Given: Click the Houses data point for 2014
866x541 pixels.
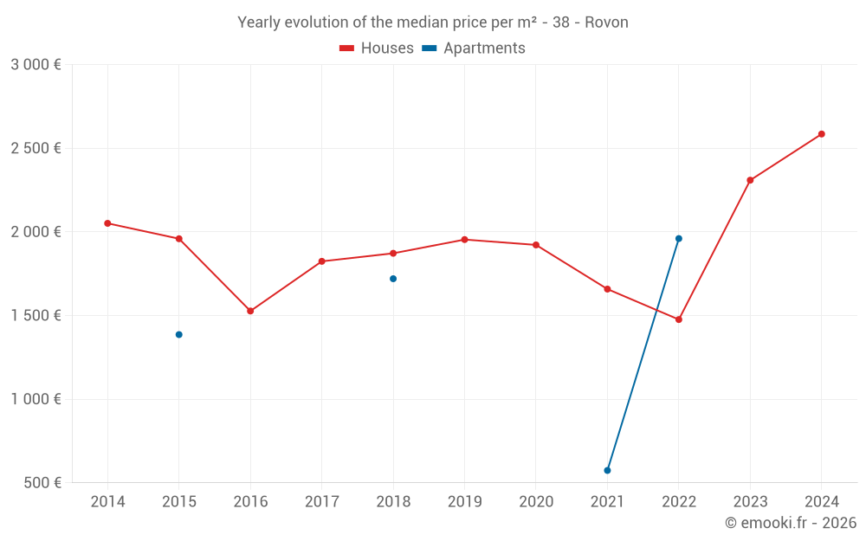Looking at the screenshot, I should tap(107, 223).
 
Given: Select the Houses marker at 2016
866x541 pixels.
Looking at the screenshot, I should tap(250, 311).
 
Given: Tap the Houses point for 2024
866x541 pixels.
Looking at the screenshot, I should tap(822, 134).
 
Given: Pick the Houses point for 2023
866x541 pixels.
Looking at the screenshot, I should tap(750, 180).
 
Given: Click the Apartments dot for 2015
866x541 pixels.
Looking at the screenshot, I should tap(179, 334).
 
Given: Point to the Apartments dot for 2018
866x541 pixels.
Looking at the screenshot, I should tap(393, 279).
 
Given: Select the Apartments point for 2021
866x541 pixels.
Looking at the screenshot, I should tap(607, 470).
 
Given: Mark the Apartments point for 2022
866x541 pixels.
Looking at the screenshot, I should tap(679, 239).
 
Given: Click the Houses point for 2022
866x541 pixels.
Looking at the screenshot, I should tap(679, 319).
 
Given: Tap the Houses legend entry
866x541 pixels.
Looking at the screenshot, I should tap(377, 48).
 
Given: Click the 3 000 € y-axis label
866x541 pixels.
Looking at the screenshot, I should tap(36, 65).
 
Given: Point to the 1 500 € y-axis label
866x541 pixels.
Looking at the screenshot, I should tap(36, 316).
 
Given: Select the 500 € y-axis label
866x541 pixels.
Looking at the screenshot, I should tap(41, 483).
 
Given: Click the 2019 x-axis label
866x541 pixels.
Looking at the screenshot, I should tap(464, 502).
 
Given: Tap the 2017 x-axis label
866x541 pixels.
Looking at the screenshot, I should tap(321, 502).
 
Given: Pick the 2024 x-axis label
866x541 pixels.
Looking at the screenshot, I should tap(822, 502).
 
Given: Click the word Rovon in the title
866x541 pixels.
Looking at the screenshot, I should tap(606, 23).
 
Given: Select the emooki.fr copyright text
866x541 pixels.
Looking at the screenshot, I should tap(791, 523).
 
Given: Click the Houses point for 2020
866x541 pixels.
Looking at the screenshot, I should tap(536, 245).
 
